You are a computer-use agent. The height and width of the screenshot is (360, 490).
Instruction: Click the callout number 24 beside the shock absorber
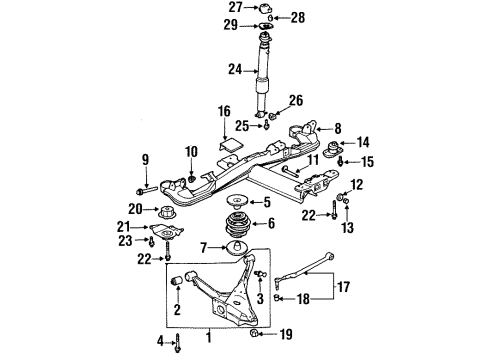[x=236, y=70]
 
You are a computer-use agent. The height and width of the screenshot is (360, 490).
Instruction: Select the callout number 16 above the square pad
[x=225, y=112]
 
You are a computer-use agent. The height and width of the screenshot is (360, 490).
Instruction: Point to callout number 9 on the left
[x=145, y=159]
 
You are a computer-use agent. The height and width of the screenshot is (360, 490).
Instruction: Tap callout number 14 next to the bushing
[x=363, y=143]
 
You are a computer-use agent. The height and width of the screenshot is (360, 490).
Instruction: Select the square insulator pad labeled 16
[x=230, y=145]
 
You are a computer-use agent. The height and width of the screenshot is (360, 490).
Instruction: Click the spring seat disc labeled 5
[x=237, y=203]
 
